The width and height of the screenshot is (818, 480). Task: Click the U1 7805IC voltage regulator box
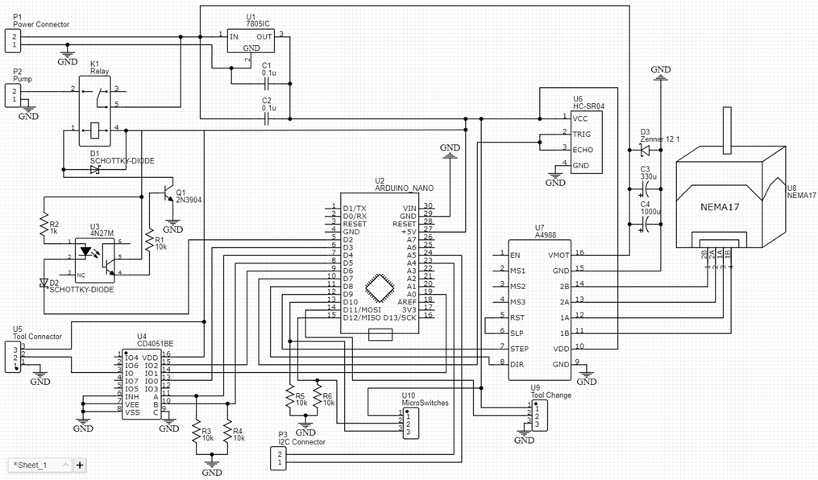[251, 41]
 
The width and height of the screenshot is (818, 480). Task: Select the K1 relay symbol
[98, 112]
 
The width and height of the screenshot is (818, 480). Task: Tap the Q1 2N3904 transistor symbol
[168, 196]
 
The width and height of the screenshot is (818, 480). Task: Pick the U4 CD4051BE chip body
[143, 384]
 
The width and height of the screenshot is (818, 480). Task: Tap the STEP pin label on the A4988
[519, 348]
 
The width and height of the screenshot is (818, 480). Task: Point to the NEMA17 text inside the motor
[720, 205]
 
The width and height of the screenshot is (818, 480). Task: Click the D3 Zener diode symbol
[644, 150]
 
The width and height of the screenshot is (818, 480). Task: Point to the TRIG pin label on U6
[582, 134]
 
